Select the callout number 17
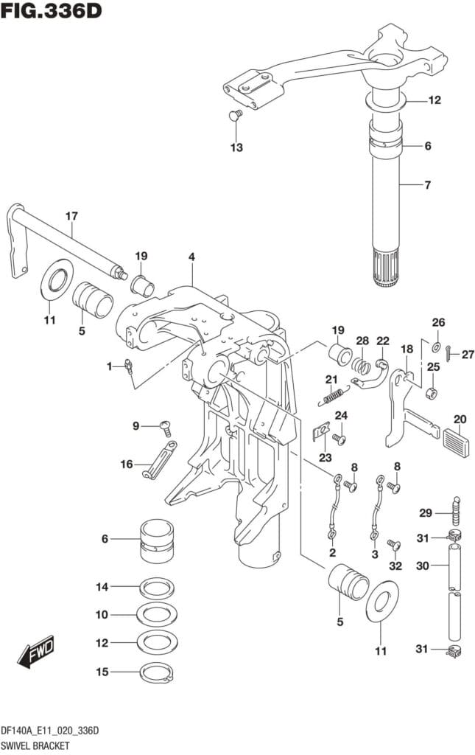(71, 216)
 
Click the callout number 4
(191, 257)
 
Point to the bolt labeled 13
(236, 115)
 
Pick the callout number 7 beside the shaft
(427, 184)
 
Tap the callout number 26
(438, 321)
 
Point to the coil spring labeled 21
(333, 396)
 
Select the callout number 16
(127, 464)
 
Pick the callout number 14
(102, 587)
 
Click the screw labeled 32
(393, 545)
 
